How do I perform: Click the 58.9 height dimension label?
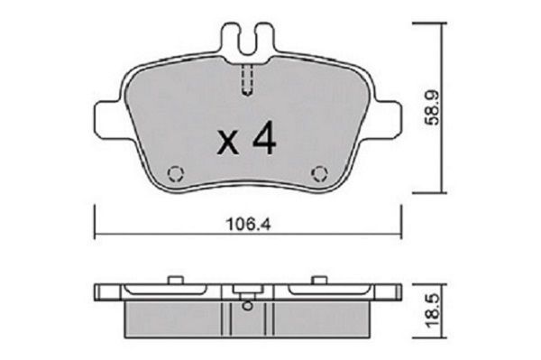[x=433, y=107]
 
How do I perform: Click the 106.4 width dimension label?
[x=249, y=225]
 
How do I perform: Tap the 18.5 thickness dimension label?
[x=433, y=310]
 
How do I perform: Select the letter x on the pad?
[x=228, y=143]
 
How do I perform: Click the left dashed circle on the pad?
[x=176, y=173]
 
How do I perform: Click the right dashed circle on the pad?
[x=319, y=173]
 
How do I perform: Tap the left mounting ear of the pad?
[x=107, y=120]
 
